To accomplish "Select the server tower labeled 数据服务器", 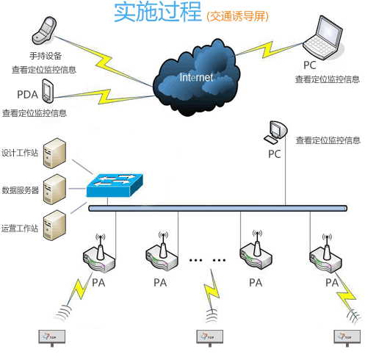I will (54, 189).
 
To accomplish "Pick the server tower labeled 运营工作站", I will (54, 224).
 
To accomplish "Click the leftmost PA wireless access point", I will (100, 254).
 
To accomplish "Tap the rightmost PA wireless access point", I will (325, 254).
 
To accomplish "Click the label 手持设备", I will (46, 55).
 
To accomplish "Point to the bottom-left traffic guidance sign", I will (54, 336).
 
